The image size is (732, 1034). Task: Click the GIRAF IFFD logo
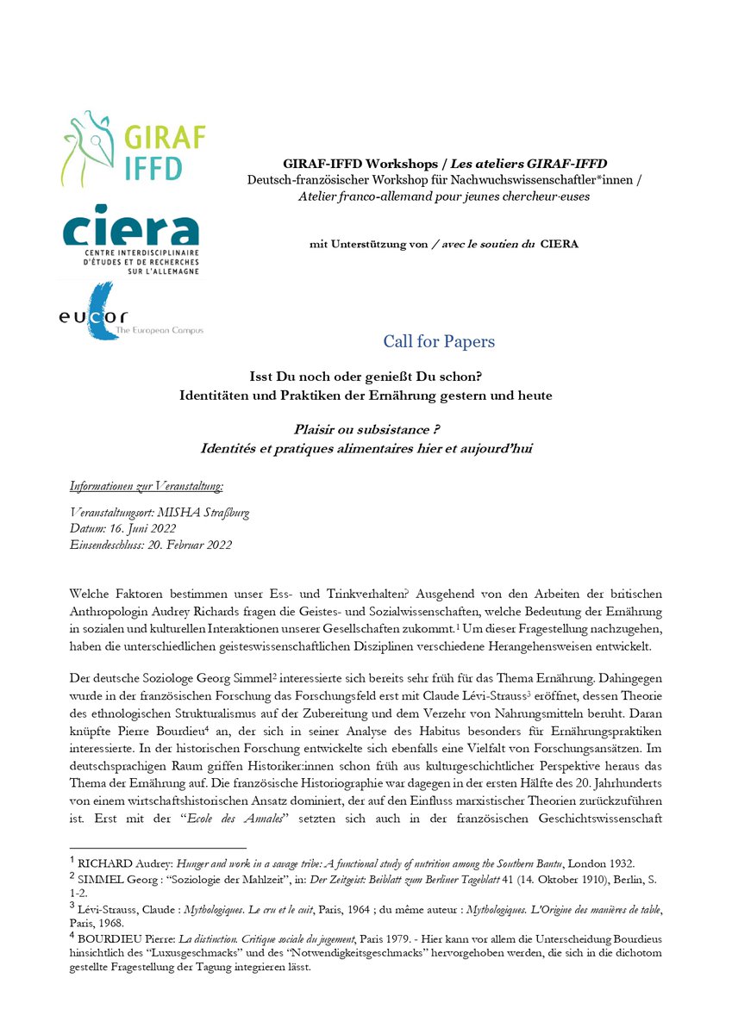(133, 147)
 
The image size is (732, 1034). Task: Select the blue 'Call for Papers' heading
(439, 342)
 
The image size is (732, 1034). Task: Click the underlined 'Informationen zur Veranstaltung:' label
(147, 487)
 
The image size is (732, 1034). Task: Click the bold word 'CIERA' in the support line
(560, 244)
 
